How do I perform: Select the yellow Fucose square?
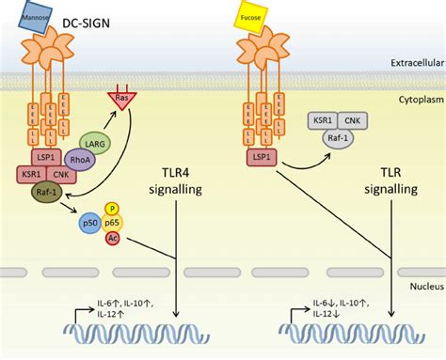(251, 20)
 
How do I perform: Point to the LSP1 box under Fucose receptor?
(263, 157)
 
